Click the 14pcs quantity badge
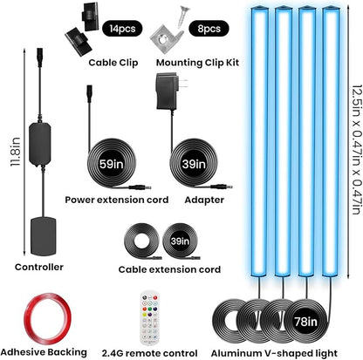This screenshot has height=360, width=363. pos(122,29)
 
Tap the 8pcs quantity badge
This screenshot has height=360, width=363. pos(209,29)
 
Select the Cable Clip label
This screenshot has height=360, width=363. pos(113,63)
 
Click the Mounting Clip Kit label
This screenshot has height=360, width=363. pos(197,63)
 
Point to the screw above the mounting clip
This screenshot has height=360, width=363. pos(184,15)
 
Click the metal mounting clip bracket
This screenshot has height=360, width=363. pos(167,38)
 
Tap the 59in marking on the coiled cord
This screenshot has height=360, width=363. pos(112,164)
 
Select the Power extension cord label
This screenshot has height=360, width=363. pos(117,200)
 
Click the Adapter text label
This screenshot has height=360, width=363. pos(204,200)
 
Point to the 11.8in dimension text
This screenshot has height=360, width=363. pos(15,152)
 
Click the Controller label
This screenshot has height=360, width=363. pos(39,267)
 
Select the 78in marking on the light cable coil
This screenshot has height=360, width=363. pos(305,322)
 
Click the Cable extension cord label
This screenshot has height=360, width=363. pos(169,269)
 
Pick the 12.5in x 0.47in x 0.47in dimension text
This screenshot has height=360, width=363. pos(357,150)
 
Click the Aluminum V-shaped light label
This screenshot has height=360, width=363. pos(274,353)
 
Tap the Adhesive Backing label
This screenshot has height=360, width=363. pos(44,352)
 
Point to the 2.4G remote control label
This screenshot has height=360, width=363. pos(149,353)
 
